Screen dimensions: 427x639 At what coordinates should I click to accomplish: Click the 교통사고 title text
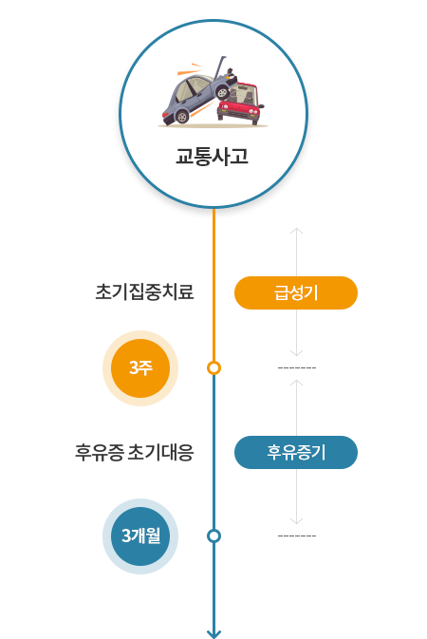[x=212, y=156]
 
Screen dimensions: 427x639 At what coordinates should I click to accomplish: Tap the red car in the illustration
[x=241, y=103]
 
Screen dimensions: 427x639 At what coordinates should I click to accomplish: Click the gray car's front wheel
[x=222, y=93]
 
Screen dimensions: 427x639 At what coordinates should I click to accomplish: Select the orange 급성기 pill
[x=296, y=292]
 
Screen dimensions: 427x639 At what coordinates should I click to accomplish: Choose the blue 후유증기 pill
[x=296, y=452]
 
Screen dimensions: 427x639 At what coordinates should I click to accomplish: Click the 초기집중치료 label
[x=144, y=291]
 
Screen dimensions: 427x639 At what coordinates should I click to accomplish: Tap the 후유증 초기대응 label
[x=134, y=452]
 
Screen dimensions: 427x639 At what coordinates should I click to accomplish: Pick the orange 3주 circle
[x=140, y=368]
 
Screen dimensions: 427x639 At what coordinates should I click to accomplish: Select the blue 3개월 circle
[x=140, y=536]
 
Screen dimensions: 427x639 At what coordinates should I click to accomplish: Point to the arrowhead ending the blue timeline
[x=213, y=634]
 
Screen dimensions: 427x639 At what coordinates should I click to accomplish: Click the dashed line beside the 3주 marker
[x=297, y=368]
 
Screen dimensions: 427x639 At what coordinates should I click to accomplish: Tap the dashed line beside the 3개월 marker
[x=297, y=536]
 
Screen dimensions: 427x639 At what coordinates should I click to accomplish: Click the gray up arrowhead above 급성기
[x=296, y=231]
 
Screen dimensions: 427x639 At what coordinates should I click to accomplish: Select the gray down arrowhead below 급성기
[x=296, y=353]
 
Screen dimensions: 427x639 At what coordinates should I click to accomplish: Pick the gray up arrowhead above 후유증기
[x=296, y=383]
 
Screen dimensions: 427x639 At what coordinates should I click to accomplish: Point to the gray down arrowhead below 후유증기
[x=296, y=521]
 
